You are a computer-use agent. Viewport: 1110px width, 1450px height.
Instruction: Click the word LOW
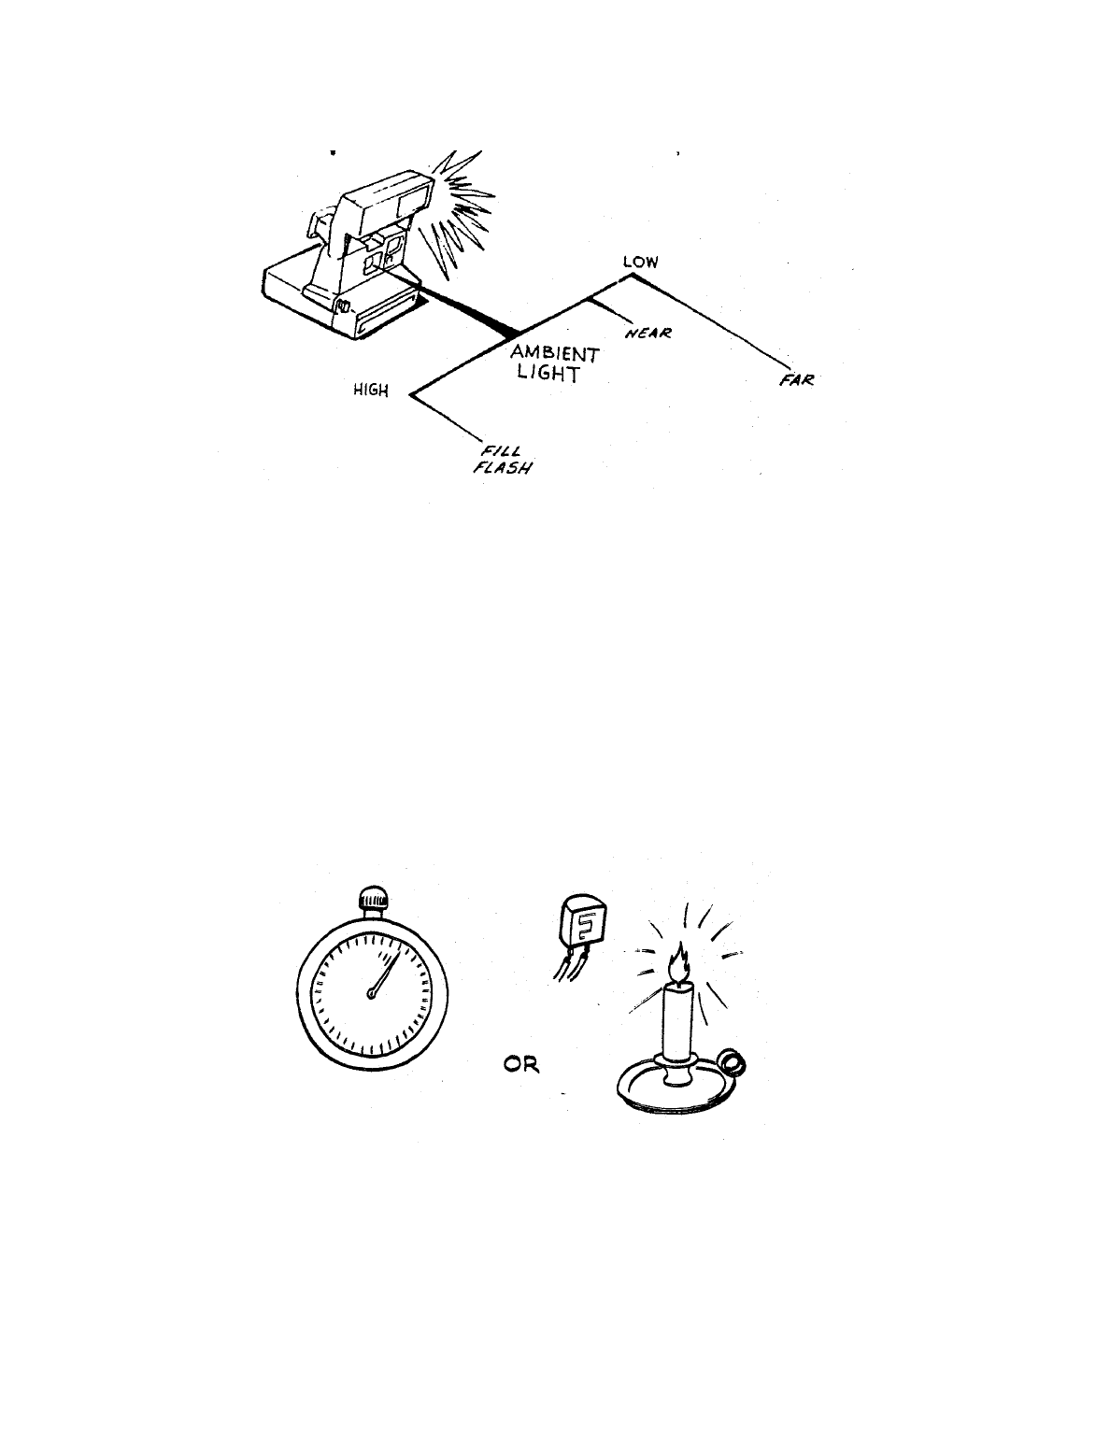(x=640, y=263)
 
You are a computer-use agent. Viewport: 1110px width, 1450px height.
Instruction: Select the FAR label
(x=795, y=380)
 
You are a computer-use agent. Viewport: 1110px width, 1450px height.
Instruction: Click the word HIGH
(x=370, y=391)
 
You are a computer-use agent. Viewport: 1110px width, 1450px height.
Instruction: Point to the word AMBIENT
(x=555, y=354)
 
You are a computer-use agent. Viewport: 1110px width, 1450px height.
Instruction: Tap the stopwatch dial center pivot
(x=371, y=996)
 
